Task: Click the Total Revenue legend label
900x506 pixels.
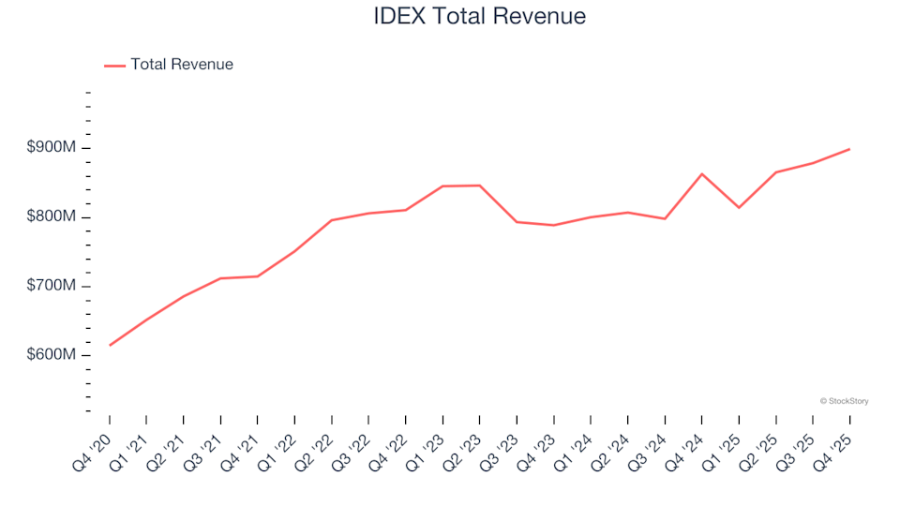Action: tap(182, 65)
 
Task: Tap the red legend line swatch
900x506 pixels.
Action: tap(114, 66)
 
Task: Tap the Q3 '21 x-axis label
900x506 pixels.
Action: tap(206, 448)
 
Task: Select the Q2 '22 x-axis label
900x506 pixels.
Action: tap(318, 448)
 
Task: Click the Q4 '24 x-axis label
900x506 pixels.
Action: tap(688, 448)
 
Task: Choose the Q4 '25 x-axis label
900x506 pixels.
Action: tap(836, 448)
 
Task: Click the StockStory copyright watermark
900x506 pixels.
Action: tap(844, 401)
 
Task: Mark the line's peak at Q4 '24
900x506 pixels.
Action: tap(702, 174)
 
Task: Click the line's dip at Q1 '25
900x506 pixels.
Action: tap(739, 207)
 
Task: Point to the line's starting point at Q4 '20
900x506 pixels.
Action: tap(110, 345)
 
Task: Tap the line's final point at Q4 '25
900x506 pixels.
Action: tap(849, 149)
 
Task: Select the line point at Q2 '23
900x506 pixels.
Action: tap(480, 186)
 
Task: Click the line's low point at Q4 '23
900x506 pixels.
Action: tap(554, 225)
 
